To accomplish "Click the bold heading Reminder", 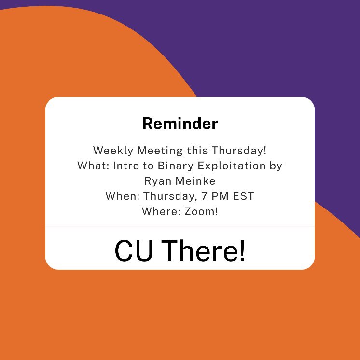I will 180,124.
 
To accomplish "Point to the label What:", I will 93,166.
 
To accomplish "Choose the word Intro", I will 125,166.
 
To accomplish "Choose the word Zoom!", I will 201,212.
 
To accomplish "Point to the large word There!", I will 203,251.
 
